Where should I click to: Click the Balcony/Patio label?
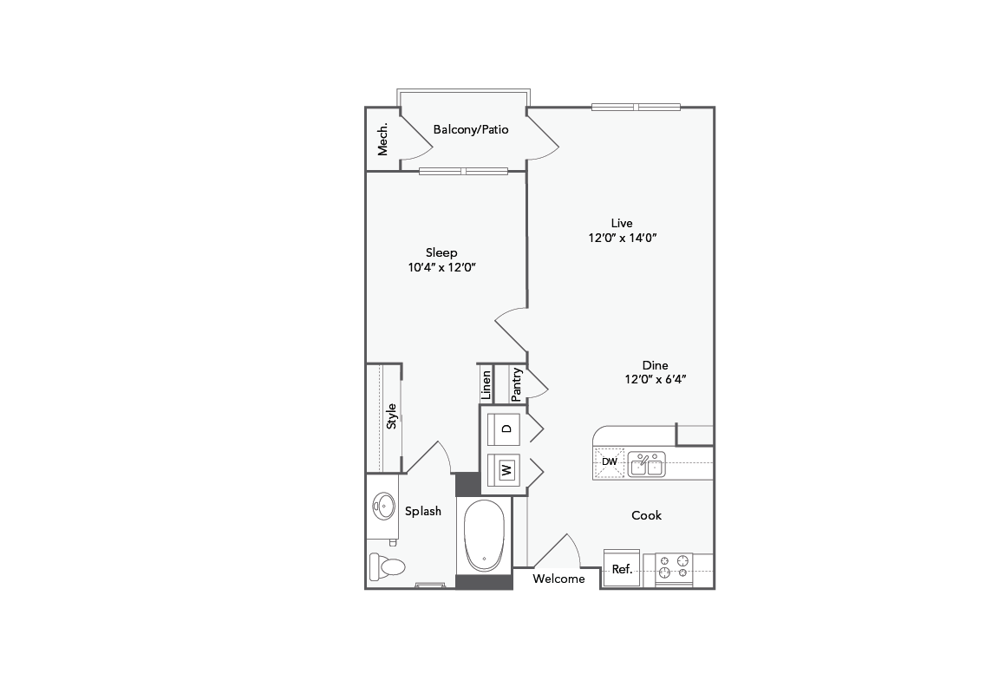pos(470,129)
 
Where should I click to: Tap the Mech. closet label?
pos(382,138)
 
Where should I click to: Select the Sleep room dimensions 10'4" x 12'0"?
pos(441,268)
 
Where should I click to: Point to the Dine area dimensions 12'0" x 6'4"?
pos(656,379)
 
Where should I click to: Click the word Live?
pos(622,223)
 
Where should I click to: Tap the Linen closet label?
pos(486,383)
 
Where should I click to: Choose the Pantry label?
pos(517,383)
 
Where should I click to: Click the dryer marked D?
pos(506,429)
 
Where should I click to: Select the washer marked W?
pos(506,471)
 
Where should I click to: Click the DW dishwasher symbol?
pos(610,461)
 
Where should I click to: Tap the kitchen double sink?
pos(647,464)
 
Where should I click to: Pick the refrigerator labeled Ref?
pos(622,569)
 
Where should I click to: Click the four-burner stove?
pos(674,566)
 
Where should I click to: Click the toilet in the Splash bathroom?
pos(387,567)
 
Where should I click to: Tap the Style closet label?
pos(391,416)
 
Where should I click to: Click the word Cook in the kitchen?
pos(646,515)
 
